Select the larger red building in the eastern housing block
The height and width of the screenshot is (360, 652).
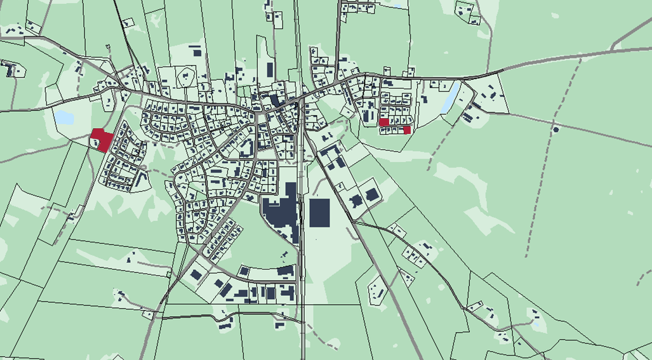[383, 122]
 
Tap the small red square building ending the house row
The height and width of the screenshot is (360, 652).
[407, 130]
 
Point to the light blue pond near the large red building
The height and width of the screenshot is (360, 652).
[63, 117]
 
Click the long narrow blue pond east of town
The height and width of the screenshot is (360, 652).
[451, 97]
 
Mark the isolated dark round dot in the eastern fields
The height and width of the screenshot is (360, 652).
[556, 130]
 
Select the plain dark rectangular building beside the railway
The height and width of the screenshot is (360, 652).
[319, 213]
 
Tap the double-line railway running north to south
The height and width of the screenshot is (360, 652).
[301, 254]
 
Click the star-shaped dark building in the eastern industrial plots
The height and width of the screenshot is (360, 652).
[356, 201]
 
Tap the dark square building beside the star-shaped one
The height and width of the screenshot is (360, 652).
[371, 194]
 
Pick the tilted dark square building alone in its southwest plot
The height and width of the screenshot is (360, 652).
[196, 275]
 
